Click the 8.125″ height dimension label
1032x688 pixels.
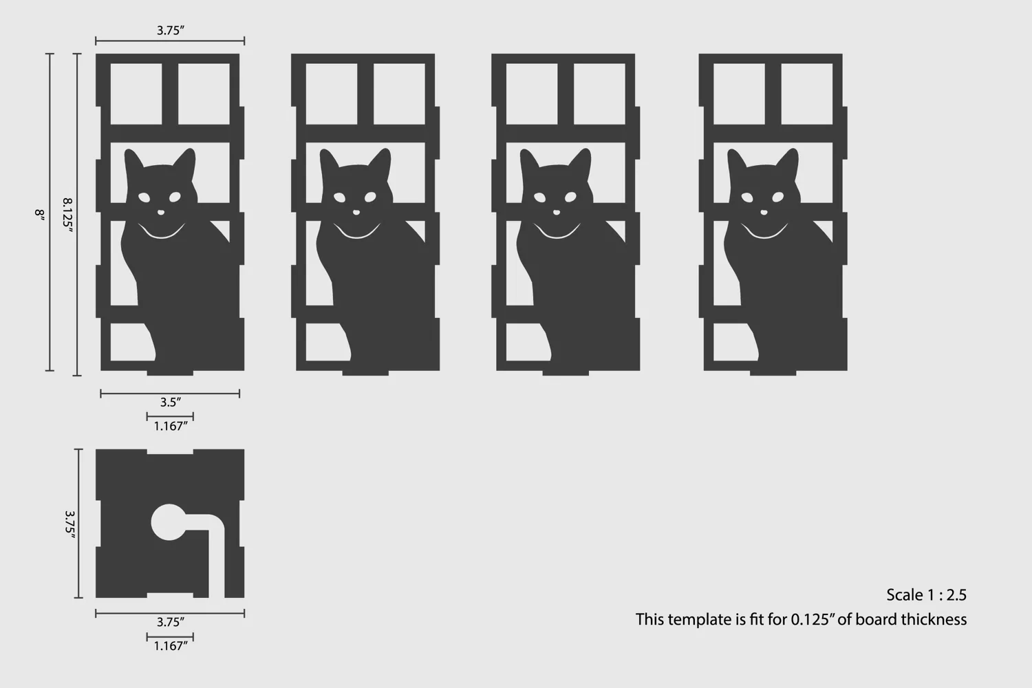tap(67, 215)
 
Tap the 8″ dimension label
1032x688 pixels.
tap(40, 215)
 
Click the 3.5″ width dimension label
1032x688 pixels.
tap(171, 402)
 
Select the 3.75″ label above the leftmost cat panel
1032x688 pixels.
tap(171, 30)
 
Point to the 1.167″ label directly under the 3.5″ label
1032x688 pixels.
tap(171, 427)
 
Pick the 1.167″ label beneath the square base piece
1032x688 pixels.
tap(171, 646)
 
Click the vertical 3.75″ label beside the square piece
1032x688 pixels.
tap(69, 524)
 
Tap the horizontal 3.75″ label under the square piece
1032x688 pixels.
tap(171, 622)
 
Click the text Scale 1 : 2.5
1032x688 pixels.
tap(927, 595)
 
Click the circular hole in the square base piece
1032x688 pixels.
tap(169, 522)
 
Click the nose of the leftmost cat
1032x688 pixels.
tap(161, 213)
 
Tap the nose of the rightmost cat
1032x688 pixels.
tap(764, 213)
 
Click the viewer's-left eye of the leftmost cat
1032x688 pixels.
tap(144, 197)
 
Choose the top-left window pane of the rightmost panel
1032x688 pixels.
tap(739, 94)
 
